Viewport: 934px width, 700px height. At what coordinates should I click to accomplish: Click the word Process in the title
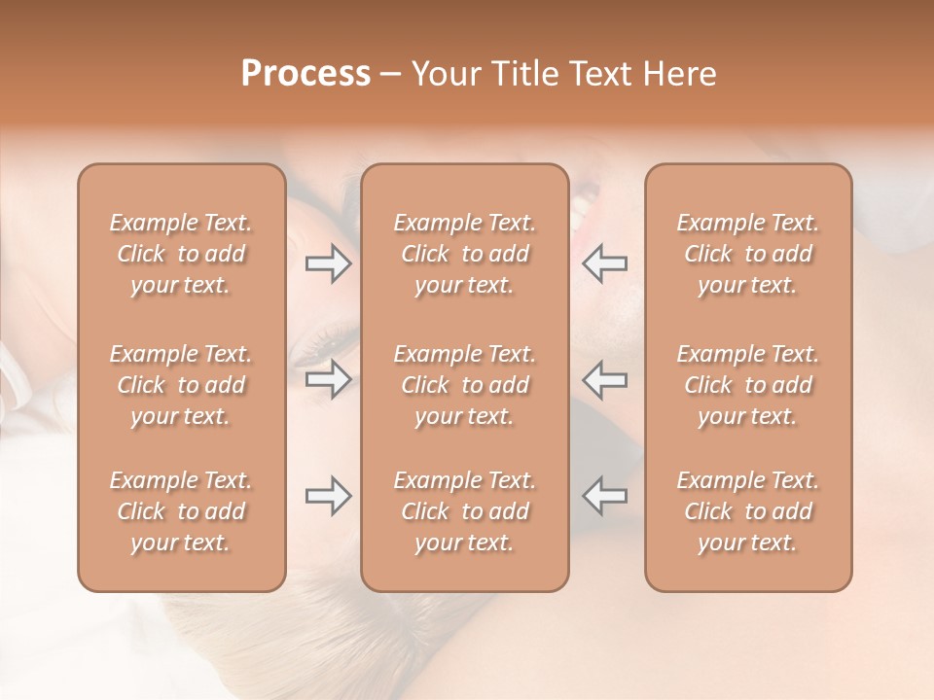(305, 74)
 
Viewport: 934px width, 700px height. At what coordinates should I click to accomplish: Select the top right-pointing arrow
(329, 263)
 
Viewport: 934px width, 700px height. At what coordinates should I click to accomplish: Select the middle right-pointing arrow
(329, 379)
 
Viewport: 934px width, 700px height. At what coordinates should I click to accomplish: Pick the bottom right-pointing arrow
(329, 496)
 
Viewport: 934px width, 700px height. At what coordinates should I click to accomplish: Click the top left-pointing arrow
(604, 263)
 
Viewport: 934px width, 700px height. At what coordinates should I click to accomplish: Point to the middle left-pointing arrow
(604, 379)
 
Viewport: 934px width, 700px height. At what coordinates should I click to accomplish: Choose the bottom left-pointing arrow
(604, 496)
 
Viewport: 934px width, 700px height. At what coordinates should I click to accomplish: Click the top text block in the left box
(181, 254)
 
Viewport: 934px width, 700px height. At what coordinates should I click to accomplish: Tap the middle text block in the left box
(181, 385)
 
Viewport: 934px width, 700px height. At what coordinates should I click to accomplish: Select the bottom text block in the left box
(181, 511)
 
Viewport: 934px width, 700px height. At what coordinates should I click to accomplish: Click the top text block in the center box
(465, 254)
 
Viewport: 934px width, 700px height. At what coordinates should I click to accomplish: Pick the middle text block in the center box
(465, 385)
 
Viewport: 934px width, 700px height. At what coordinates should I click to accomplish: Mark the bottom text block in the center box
(465, 511)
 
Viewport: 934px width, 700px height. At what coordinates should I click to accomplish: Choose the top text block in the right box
(748, 254)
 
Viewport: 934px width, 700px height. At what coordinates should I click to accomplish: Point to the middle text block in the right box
(748, 385)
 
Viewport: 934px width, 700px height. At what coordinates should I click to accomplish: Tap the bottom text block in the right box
(748, 511)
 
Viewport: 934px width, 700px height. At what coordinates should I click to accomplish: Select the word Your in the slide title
(442, 74)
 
